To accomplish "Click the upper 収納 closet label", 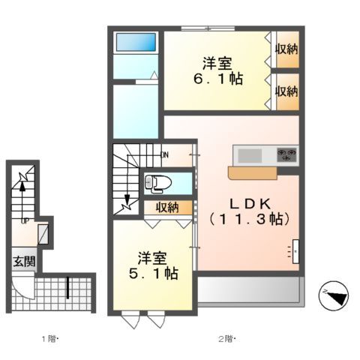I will [286, 50].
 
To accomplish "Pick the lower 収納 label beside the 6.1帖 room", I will [286, 91].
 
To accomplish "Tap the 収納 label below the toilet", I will [166, 207].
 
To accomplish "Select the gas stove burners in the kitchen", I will [286, 155].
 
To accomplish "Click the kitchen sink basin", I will [250, 155].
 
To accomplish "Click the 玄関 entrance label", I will [22, 262].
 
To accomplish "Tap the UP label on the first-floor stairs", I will [25, 221].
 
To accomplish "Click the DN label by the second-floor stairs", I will [165, 156].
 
